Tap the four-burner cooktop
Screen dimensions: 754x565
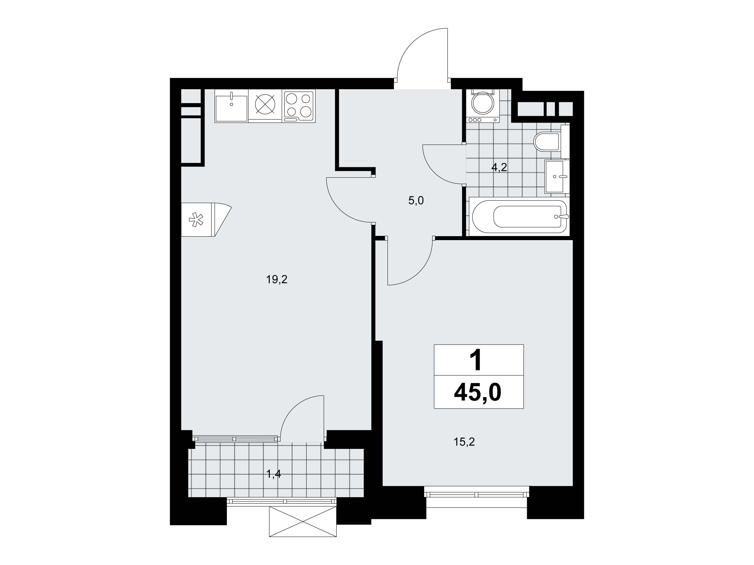299,106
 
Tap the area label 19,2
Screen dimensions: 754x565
277,280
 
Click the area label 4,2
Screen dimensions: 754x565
499,167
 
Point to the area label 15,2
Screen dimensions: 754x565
464,442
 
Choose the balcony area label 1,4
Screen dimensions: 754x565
274,474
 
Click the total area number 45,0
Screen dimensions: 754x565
478,392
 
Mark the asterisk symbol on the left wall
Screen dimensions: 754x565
196,220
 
